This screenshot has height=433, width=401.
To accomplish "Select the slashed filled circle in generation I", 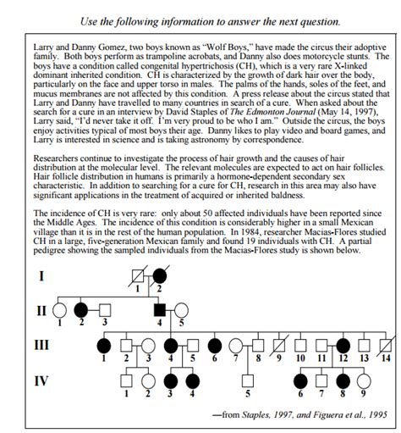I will click(x=159, y=277).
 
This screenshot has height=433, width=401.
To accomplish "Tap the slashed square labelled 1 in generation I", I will click(x=134, y=277).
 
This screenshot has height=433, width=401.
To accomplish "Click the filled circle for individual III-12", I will click(x=344, y=346).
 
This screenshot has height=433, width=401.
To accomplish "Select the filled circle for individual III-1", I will click(x=103, y=346).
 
